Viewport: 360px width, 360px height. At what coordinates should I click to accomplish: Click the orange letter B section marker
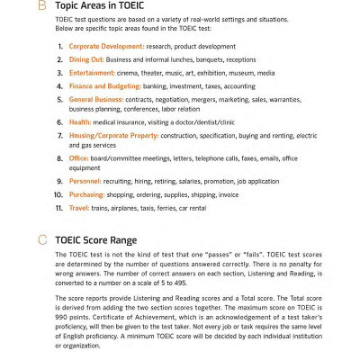pyautogui.click(x=41, y=7)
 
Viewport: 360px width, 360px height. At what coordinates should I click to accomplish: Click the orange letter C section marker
pyautogui.click(x=41, y=240)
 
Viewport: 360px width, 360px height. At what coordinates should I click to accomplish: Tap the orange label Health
pyautogui.click(x=79, y=121)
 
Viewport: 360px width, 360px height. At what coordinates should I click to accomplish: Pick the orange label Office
pyautogui.click(x=78, y=157)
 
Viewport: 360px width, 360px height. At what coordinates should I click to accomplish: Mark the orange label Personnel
pyautogui.click(x=85, y=181)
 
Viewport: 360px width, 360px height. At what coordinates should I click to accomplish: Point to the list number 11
pyautogui.click(x=58, y=207)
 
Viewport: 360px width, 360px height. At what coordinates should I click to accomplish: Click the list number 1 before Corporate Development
pyautogui.click(x=59, y=46)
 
